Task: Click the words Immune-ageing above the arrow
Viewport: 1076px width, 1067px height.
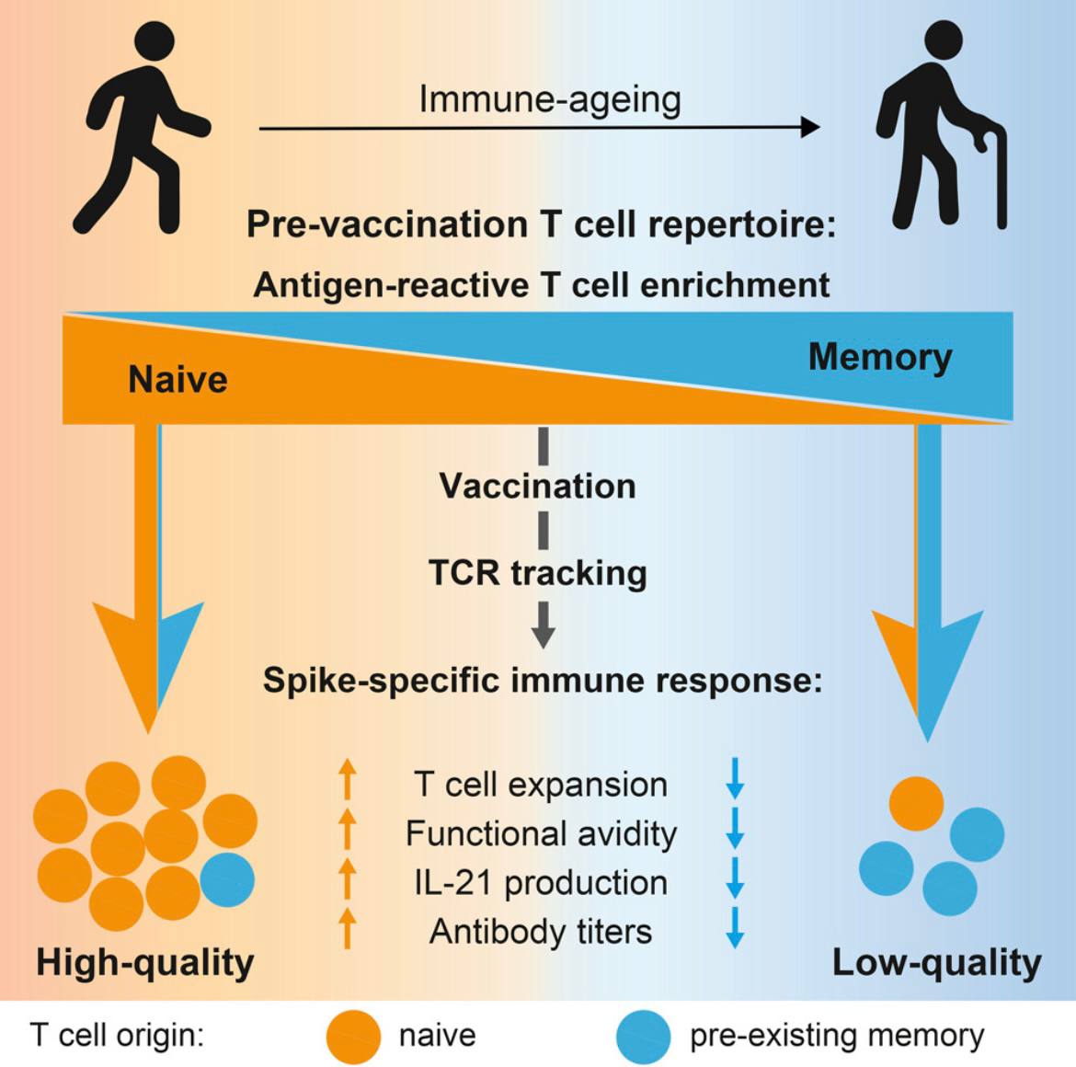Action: coord(550,100)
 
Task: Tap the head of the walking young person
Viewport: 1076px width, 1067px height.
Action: coord(155,41)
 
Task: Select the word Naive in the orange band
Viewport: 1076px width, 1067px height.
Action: coord(177,379)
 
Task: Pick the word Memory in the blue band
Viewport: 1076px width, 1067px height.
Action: coord(880,357)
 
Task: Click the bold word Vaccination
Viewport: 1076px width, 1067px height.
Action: coord(538,486)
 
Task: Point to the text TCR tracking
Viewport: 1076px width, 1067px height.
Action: coord(538,573)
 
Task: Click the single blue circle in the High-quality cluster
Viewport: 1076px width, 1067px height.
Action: coord(227,880)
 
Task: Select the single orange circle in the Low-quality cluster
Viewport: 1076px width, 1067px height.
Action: coord(916,804)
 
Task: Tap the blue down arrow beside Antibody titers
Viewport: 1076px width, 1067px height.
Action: coord(735,928)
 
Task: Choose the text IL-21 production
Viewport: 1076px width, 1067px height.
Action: coord(541,882)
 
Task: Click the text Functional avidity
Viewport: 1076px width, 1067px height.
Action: coord(542,833)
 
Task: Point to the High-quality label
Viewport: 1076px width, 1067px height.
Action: coord(144,963)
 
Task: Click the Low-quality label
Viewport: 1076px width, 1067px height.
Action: coord(937,963)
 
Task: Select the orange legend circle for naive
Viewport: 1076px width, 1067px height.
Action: coord(353,1037)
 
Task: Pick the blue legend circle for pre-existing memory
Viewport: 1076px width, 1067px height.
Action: coord(643,1037)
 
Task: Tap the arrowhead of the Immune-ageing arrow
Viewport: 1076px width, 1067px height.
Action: coord(810,127)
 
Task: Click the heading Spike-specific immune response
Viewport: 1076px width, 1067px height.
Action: coord(543,681)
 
